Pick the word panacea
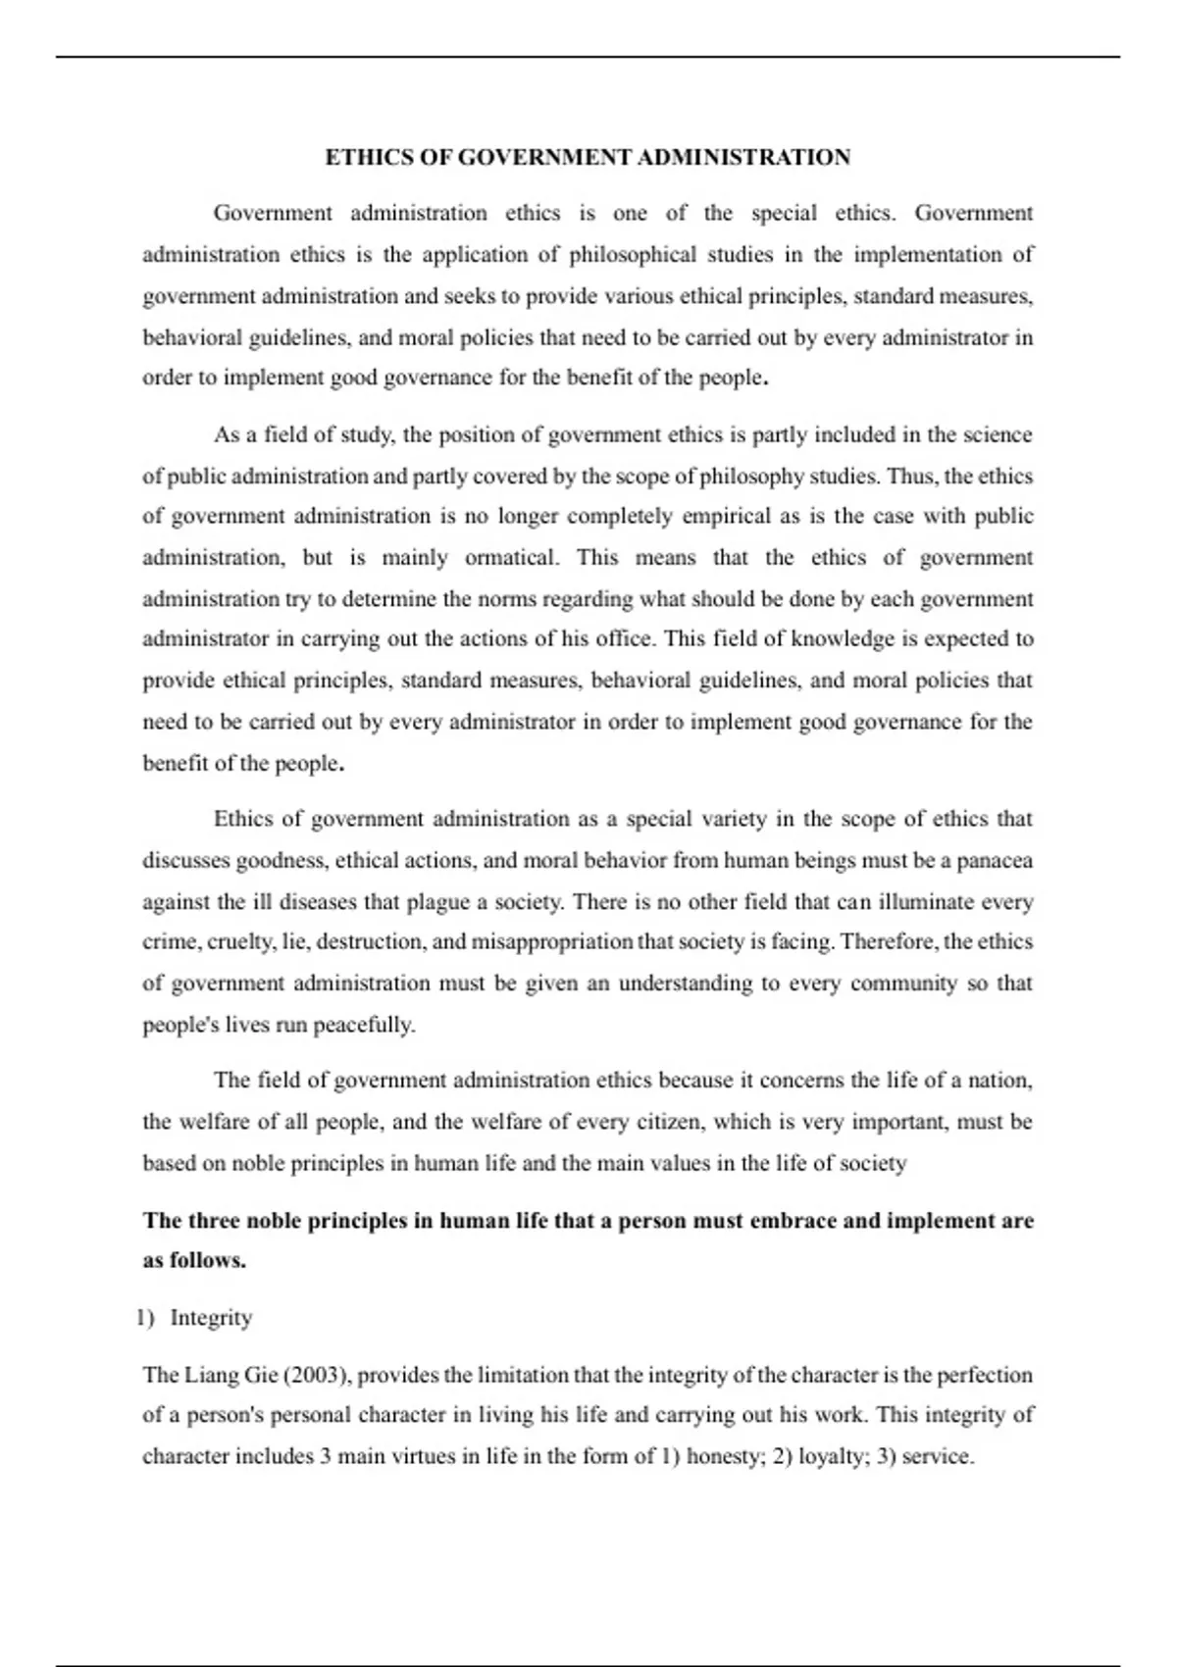pos(995,861)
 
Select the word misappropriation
pos(552,942)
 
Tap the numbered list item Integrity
pos(211,1318)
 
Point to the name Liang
pos(211,1375)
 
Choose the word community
pos(903,984)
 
